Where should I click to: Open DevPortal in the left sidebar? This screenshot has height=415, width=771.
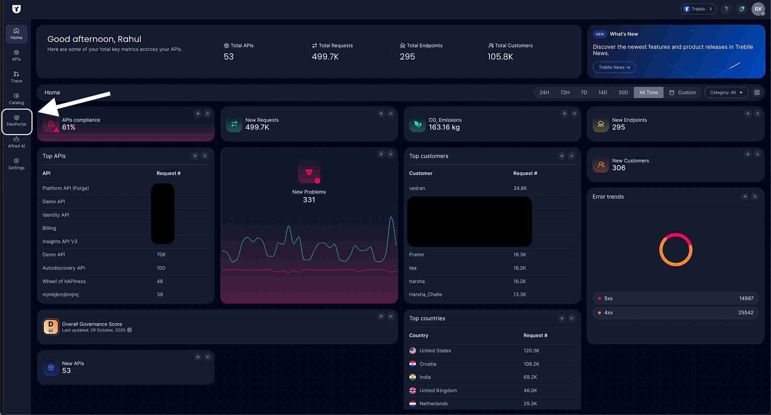[x=16, y=121]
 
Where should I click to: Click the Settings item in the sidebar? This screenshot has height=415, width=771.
[x=16, y=164]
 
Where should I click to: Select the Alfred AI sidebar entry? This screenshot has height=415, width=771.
[x=16, y=142]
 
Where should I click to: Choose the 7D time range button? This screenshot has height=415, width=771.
[x=584, y=92]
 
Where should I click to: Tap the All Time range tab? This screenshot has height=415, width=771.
[x=648, y=92]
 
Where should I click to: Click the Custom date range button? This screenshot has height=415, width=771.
[x=682, y=92]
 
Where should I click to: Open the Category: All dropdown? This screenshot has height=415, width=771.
[x=726, y=92]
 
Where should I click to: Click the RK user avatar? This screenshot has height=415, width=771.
[x=758, y=9]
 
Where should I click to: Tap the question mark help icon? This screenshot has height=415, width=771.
[x=726, y=9]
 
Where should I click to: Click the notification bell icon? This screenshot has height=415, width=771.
[x=742, y=9]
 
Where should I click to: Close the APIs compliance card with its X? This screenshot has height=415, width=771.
[x=208, y=114]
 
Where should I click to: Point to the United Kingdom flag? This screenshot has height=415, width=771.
[x=413, y=390]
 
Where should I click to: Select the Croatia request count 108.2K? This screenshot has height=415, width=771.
[x=531, y=364]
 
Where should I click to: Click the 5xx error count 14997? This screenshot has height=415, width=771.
[x=746, y=298]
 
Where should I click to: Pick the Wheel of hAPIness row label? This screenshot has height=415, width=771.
[x=64, y=281]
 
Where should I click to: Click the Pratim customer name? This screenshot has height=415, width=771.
[x=417, y=255]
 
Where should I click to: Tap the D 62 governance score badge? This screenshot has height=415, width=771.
[x=51, y=327]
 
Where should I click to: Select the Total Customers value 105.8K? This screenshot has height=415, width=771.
[x=500, y=57]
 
